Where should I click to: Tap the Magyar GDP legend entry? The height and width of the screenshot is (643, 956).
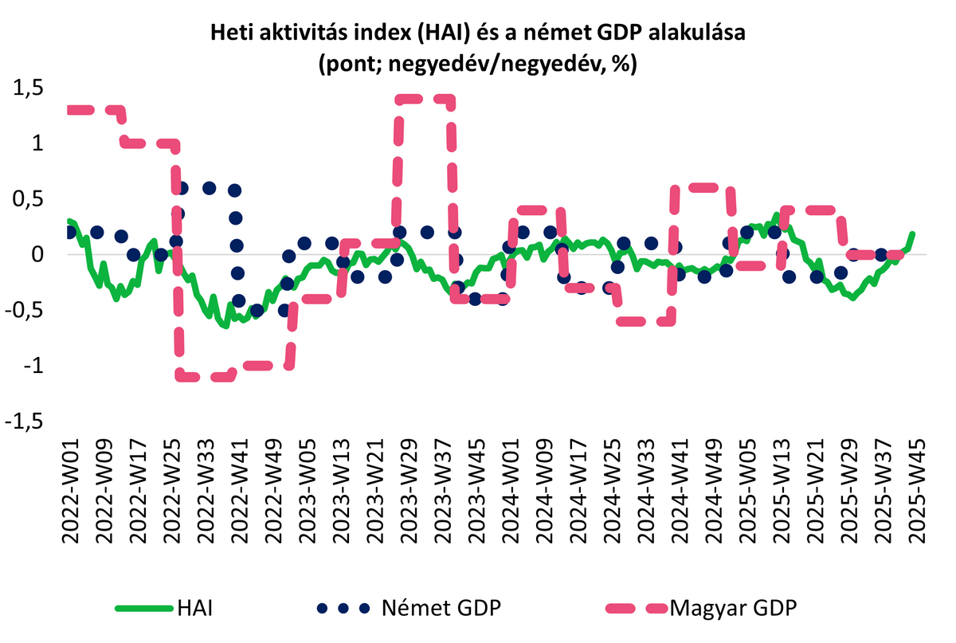pyautogui.click(x=733, y=610)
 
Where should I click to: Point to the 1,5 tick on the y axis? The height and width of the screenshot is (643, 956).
pyautogui.click(x=31, y=88)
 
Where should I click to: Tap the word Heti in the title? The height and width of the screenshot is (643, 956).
pyautogui.click(x=229, y=33)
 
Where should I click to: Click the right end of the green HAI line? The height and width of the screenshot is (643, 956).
pyautogui.click(x=912, y=234)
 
